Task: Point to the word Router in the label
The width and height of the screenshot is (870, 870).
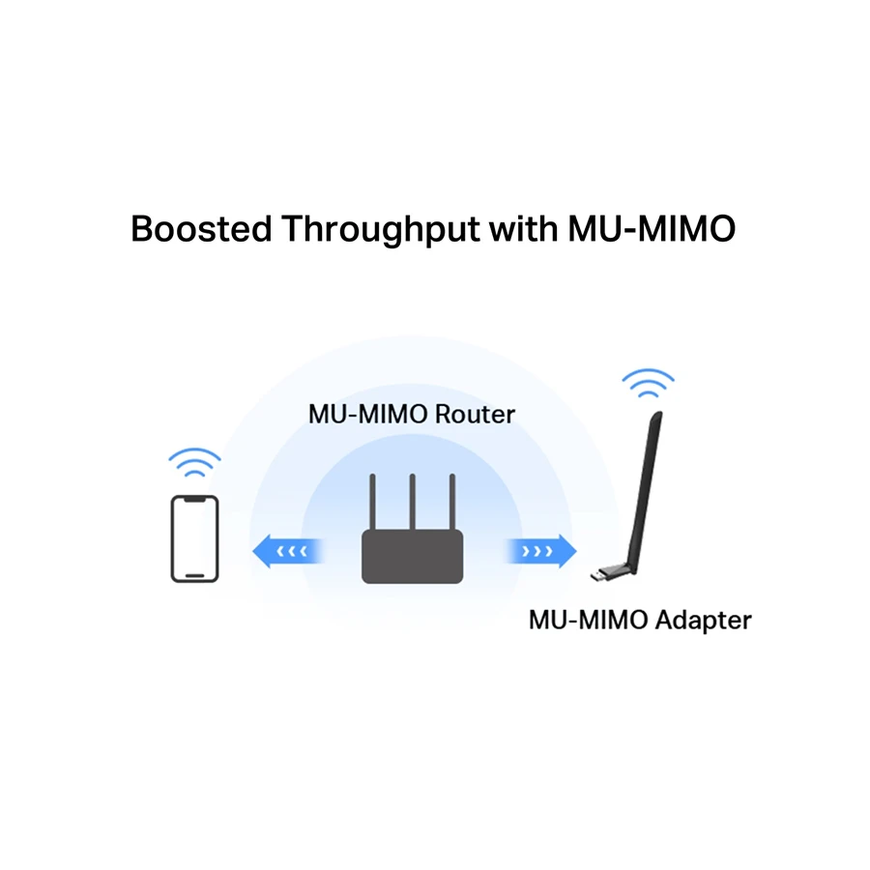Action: (475, 415)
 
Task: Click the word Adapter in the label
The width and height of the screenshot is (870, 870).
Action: (703, 619)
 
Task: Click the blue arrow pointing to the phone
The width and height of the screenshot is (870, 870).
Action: (286, 552)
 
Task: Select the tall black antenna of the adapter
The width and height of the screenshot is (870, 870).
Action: (644, 483)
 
